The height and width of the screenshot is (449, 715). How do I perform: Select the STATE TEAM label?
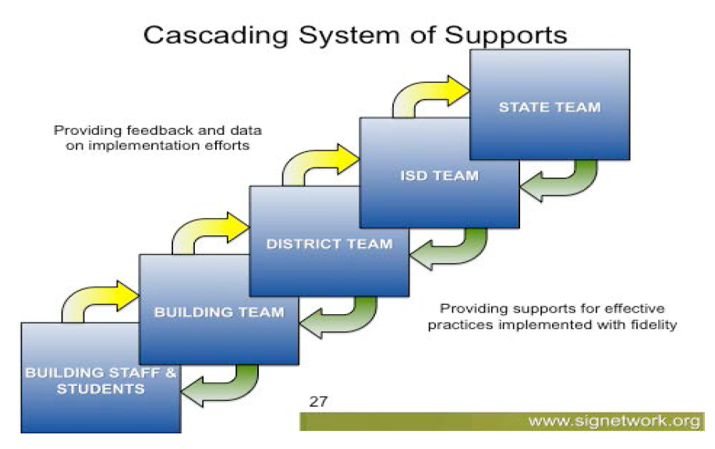pos(550,108)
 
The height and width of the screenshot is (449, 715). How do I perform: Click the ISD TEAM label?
pos(439,176)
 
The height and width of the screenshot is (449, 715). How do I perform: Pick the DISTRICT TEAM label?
pos(329,244)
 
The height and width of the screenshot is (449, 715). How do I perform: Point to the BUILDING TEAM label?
pos(218,313)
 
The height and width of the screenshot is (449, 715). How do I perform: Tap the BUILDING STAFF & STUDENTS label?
pos(101,380)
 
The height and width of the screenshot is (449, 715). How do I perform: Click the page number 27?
pos(318,402)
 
